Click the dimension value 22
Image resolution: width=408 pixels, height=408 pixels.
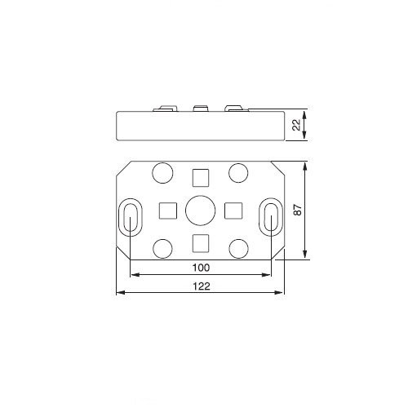coord(297,125)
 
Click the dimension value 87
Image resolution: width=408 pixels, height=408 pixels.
coord(298,210)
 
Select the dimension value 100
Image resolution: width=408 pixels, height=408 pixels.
coord(201,268)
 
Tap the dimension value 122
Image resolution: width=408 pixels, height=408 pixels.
coord(202,286)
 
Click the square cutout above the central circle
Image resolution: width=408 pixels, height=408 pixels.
coord(201,178)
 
